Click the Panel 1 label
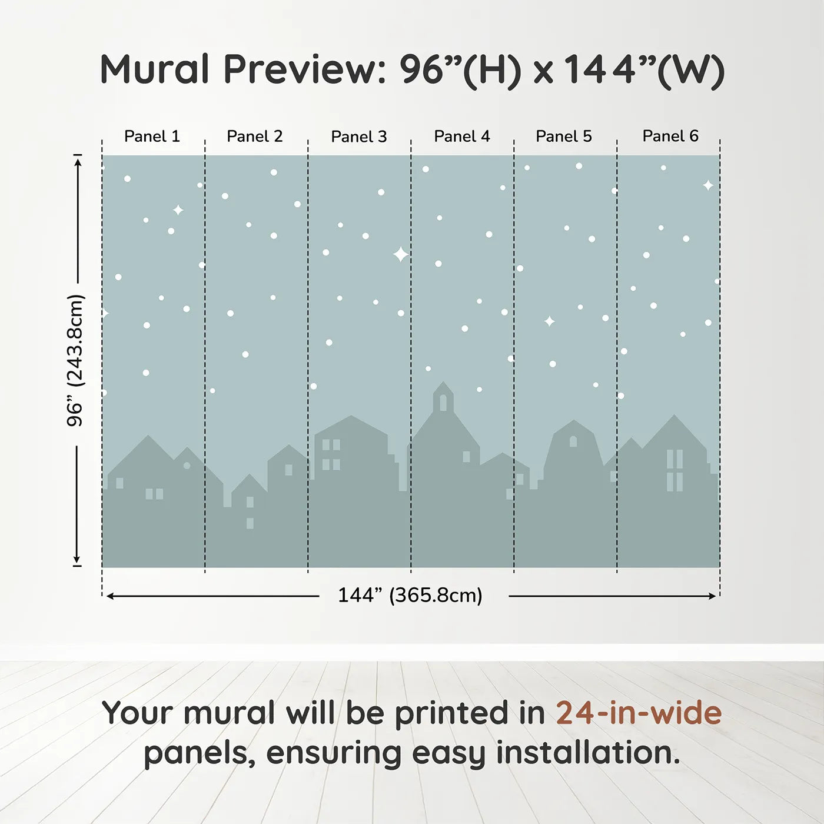(x=152, y=137)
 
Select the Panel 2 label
(x=255, y=137)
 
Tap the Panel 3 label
(x=359, y=137)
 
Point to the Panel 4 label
(x=462, y=137)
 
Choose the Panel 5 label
(x=564, y=137)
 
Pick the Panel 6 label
(x=670, y=137)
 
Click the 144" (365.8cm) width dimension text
(x=410, y=595)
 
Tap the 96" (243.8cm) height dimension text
(x=75, y=360)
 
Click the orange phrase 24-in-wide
(x=639, y=713)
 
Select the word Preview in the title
(x=304, y=69)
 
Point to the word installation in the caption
(x=588, y=753)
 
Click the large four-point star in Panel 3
(x=401, y=254)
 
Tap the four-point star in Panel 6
(x=708, y=185)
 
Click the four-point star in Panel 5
(x=550, y=321)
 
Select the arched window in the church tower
(x=443, y=403)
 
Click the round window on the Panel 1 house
(x=187, y=466)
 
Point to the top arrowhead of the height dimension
(x=77, y=161)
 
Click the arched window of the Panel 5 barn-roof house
(x=573, y=441)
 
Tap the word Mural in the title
(x=154, y=69)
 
